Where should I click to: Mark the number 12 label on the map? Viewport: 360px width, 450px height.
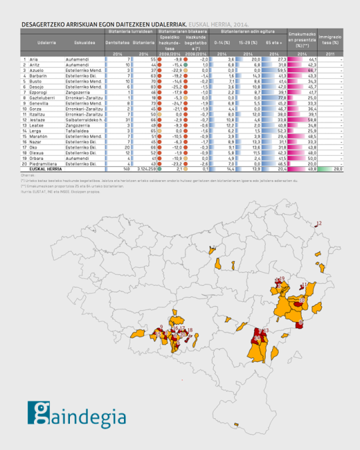318,204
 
